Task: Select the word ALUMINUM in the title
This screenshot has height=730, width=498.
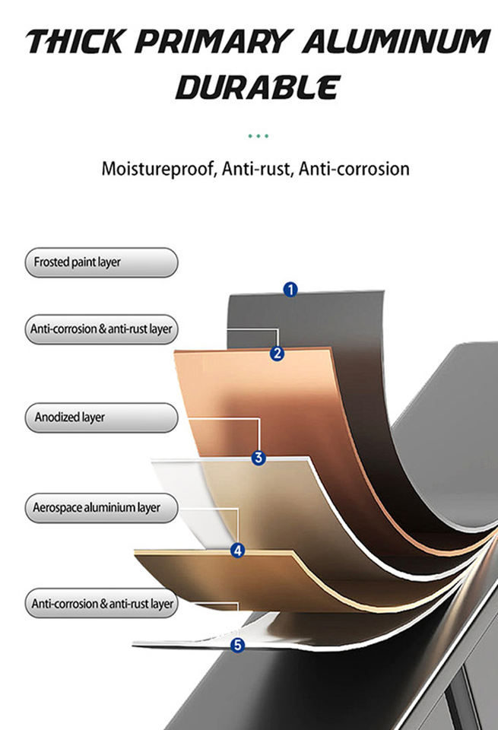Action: [395, 43]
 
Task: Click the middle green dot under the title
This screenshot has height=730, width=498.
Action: [259, 136]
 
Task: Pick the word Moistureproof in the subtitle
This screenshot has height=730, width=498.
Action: [158, 169]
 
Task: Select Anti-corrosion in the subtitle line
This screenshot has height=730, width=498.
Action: [354, 169]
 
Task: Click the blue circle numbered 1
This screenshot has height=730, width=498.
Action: [290, 289]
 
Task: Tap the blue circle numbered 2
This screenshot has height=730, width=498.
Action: [278, 353]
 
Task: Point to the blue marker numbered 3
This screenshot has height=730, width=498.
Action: [259, 458]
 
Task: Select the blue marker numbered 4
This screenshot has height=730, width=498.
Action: [238, 551]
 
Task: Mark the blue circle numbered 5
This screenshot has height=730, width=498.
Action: [238, 645]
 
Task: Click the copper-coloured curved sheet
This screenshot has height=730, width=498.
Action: [251, 395]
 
